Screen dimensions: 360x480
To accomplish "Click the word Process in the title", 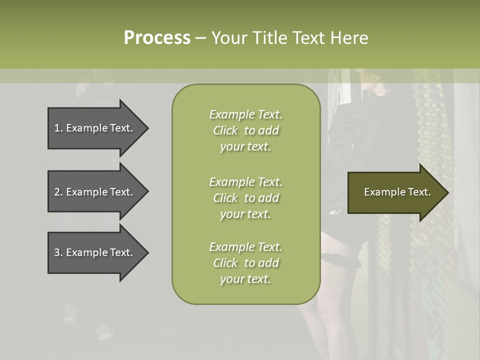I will coord(157,38).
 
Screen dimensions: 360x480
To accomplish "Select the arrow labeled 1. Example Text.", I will coord(95,128).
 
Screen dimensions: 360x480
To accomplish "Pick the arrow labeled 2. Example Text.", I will coord(95,192).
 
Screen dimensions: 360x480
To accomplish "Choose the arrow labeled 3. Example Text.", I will coord(95,252).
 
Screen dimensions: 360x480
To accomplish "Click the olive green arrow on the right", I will coord(395,192).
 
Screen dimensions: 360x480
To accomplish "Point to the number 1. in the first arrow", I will coord(58,128).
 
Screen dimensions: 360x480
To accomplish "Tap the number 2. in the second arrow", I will coord(58,192).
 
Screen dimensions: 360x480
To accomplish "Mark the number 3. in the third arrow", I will coord(58,252).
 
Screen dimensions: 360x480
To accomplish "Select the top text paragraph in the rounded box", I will coord(245,130).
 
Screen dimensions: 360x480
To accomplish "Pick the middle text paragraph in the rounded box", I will coord(245,198).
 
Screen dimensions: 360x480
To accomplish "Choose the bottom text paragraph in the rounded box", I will coord(245,263).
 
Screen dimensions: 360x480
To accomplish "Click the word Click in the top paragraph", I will coord(225,130).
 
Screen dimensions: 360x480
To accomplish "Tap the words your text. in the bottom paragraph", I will coord(245,279).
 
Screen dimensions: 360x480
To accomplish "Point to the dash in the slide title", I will coord(200,38).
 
